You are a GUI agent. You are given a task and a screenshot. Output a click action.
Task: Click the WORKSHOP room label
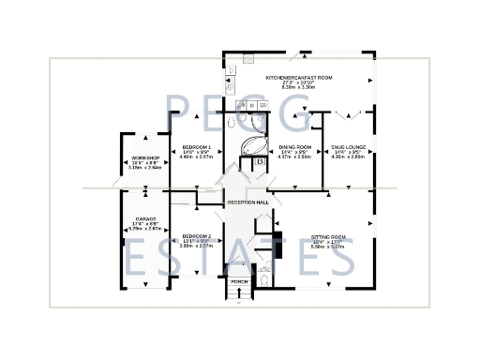(x=145, y=157)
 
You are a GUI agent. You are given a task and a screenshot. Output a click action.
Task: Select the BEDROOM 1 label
(x=197, y=148)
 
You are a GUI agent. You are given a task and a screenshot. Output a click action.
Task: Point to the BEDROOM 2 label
(x=197, y=235)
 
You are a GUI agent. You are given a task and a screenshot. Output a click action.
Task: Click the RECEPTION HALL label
(x=247, y=202)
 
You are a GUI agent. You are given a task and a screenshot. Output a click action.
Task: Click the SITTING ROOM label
(x=328, y=236)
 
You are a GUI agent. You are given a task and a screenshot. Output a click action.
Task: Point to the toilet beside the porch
(x=266, y=279)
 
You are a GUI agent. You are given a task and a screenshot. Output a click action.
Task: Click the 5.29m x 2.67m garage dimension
(x=144, y=229)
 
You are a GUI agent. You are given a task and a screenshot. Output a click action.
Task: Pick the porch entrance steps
(x=239, y=296)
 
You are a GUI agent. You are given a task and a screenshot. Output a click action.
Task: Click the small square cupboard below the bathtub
(x=260, y=166)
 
